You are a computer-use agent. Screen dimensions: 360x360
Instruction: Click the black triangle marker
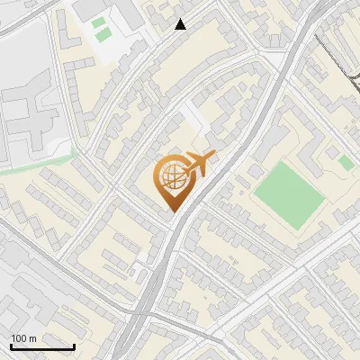[x=181, y=24]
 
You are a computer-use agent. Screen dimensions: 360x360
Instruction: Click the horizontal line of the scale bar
[x=42, y=347]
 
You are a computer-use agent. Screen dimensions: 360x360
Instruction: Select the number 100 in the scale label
[x=18, y=338]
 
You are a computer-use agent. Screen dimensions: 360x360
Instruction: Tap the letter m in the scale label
[x=32, y=338]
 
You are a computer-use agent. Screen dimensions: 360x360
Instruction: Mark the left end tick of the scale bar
[x=11, y=346]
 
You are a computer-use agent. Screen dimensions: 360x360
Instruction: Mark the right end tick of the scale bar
[x=74, y=346]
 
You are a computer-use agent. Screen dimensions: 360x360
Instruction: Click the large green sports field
[x=288, y=191]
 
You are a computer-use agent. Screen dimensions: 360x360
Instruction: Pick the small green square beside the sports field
[x=346, y=162]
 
